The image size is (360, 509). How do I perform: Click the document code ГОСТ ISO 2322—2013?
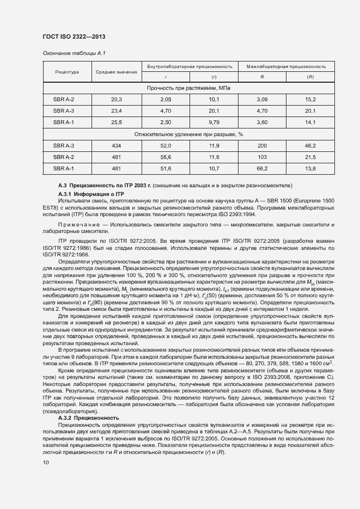[x=74, y=36]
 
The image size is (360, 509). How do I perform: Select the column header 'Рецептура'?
[x=67, y=72]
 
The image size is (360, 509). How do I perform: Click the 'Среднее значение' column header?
[x=117, y=72]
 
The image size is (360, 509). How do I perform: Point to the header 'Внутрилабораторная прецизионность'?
[x=190, y=66]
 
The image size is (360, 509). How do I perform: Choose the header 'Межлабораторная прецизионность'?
[x=286, y=66]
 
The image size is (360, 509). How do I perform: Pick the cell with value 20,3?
[x=117, y=99]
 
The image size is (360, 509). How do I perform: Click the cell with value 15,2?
[x=310, y=99]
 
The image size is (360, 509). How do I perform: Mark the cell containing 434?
[x=117, y=146]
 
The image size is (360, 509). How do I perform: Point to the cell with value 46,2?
[x=310, y=146]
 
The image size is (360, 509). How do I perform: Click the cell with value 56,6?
[x=166, y=157]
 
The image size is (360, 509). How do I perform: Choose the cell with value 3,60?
[x=262, y=122]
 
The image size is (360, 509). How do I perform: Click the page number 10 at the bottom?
[x=46, y=463]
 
